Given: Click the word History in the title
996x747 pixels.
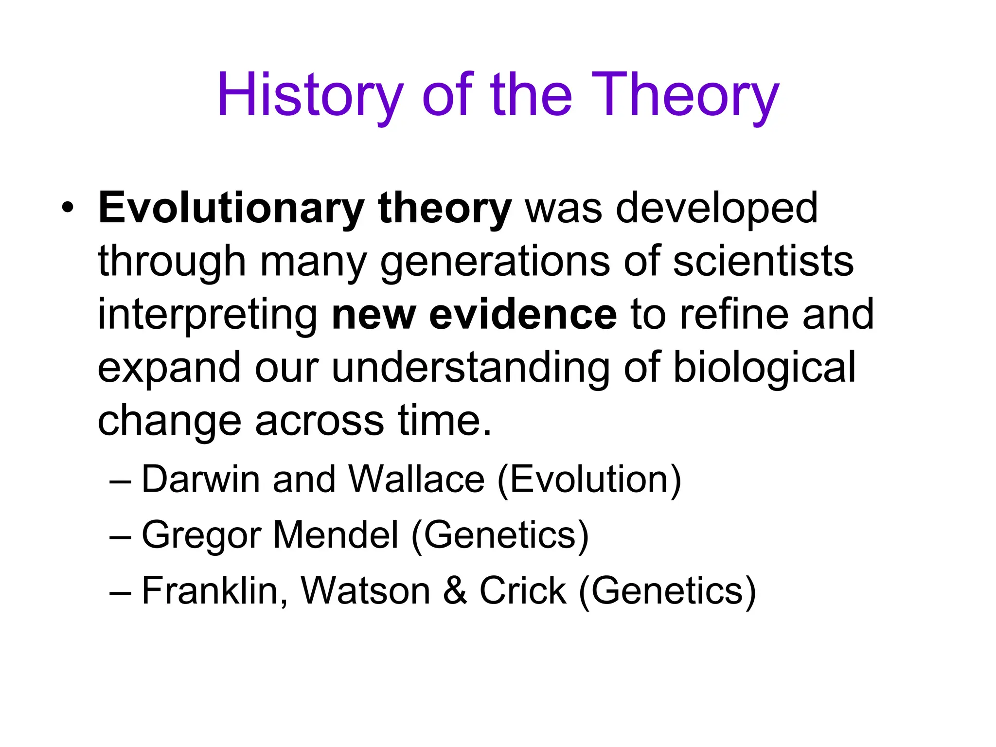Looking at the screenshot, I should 310,95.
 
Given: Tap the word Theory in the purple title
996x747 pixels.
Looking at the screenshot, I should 685,95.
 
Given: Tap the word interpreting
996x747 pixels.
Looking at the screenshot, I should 208,315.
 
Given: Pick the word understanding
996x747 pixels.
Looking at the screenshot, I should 470,368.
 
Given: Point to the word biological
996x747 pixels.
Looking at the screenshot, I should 764,368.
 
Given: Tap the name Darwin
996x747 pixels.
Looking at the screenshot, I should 200,480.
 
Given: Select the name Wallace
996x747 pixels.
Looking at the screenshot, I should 417,480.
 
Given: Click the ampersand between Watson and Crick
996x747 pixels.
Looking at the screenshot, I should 455,590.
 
